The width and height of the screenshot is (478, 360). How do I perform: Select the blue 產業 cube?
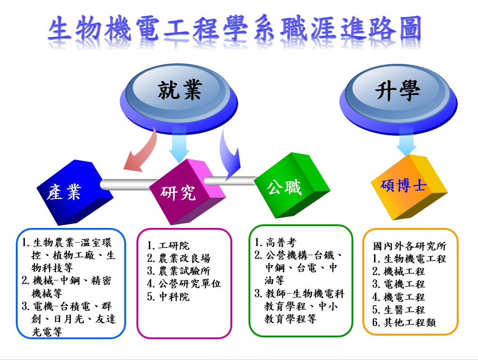(x=75, y=192)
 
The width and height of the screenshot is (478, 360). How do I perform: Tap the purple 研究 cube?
(x=187, y=192)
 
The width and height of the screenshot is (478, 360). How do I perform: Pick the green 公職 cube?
(x=292, y=185)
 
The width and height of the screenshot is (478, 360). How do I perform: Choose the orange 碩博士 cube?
(x=409, y=187)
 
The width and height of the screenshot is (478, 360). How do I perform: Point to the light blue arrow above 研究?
(x=179, y=144)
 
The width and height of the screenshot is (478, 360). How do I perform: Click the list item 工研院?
(x=168, y=246)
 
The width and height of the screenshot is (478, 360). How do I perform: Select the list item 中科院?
(x=168, y=297)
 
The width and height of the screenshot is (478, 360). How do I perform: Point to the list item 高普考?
(x=275, y=243)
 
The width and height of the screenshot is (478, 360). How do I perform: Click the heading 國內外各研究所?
(x=409, y=246)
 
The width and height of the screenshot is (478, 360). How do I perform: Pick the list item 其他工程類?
(x=404, y=322)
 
